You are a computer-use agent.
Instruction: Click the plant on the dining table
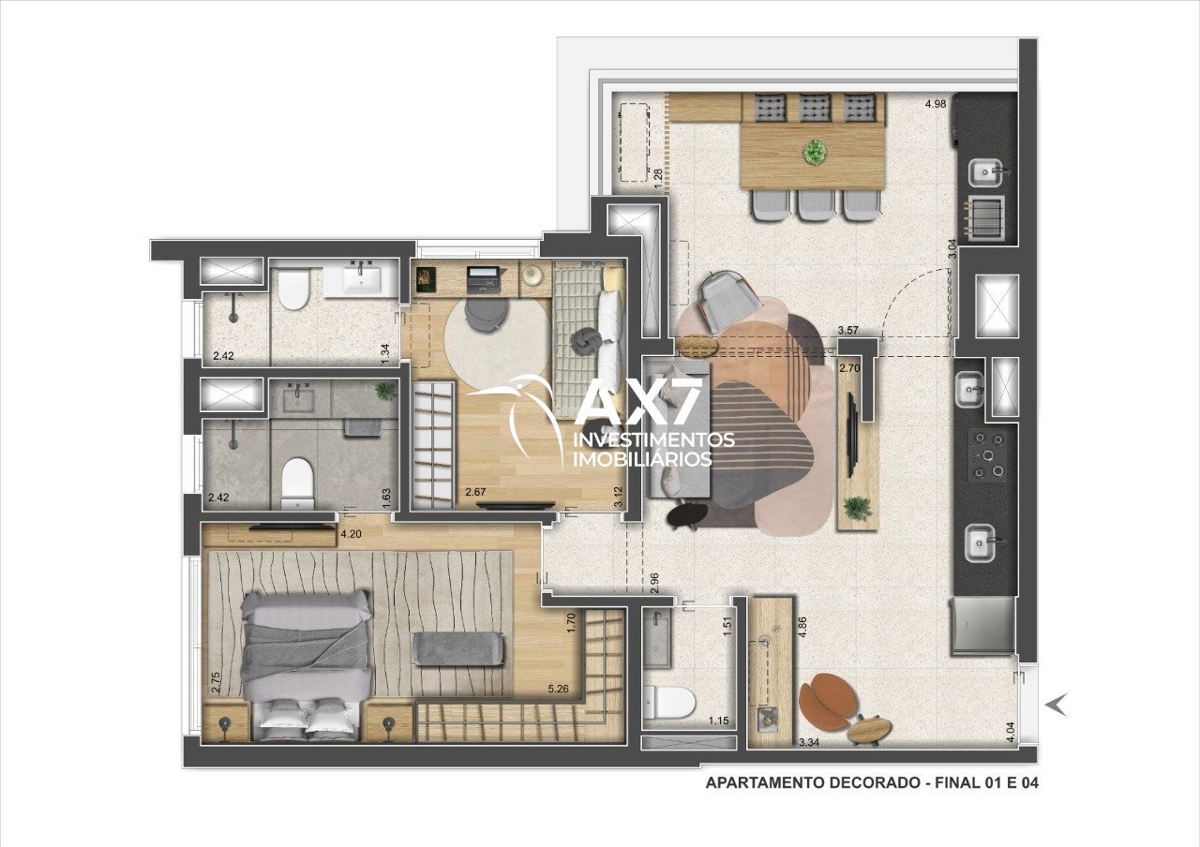pos(815,152)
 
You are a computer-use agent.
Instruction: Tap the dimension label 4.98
pos(936,104)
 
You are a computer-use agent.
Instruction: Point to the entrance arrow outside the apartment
pos(1057,704)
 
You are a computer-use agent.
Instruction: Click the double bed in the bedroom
pos(306,665)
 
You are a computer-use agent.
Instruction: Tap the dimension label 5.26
pos(558,689)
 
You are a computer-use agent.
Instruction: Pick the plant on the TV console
pos(857,507)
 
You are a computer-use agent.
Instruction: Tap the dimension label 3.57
pos(848,331)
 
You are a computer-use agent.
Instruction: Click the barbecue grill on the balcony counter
pos(984,215)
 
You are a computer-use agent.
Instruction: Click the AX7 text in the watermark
pos(639,400)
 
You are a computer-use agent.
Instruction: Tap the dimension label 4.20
pos(352,533)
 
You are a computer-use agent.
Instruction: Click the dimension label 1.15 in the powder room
pos(718,721)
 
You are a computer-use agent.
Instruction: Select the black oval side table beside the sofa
pos(687,514)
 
